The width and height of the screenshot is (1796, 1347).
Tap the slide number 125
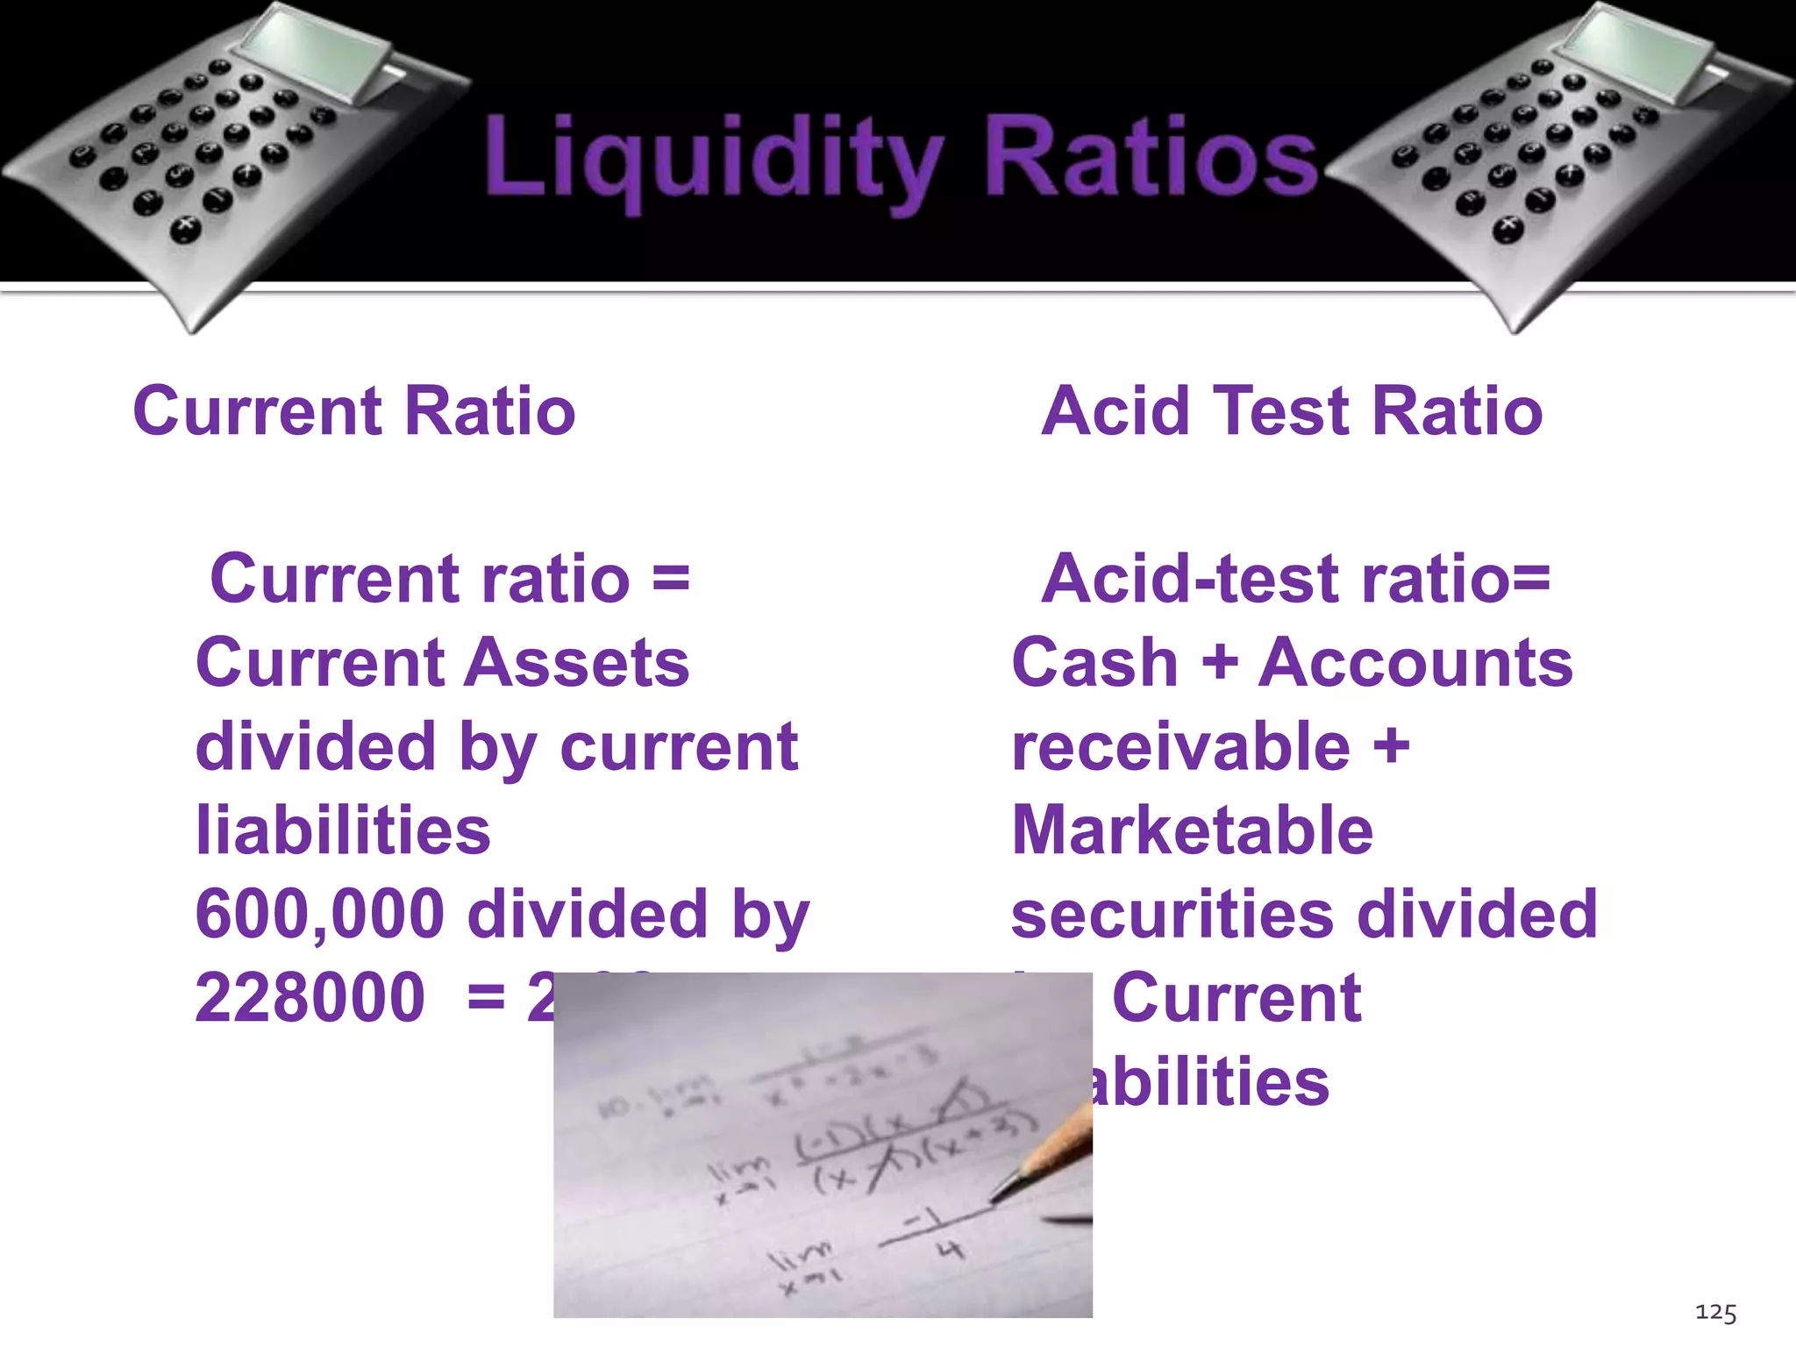coord(1715,1313)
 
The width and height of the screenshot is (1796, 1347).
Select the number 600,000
coord(320,914)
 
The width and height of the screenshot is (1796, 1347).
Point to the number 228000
coord(310,998)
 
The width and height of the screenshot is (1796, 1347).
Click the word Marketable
coord(1192,830)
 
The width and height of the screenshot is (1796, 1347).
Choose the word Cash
coord(1094,663)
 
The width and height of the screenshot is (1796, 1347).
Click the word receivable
coord(1180,746)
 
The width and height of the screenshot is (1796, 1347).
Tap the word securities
coord(1172,914)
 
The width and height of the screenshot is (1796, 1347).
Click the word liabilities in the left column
coord(343,830)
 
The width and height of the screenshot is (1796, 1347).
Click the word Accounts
coord(1415,663)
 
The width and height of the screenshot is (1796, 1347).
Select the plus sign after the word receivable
coord(1391,746)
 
